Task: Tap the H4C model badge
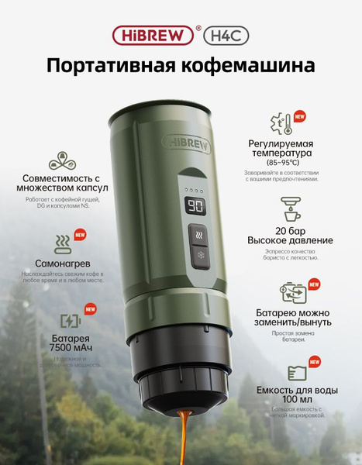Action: coord(226,35)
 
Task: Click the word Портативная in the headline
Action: coord(112,66)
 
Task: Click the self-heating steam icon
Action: coord(60,245)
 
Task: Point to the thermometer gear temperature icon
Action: coord(281,124)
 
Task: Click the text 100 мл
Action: coord(296,400)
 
